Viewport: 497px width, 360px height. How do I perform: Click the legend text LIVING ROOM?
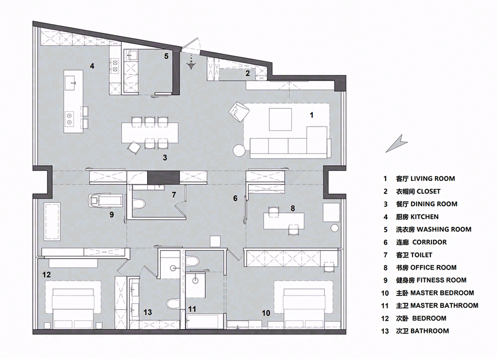click(433, 179)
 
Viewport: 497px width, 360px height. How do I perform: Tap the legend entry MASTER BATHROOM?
click(444, 305)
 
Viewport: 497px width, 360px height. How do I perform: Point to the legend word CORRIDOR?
click(429, 242)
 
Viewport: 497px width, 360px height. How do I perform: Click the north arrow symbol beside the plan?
click(396, 144)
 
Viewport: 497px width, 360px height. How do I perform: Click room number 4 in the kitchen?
click(92, 66)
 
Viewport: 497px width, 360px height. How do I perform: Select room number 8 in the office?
click(293, 208)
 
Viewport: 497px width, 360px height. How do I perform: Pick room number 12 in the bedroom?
click(46, 274)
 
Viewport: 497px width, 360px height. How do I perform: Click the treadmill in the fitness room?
click(105, 200)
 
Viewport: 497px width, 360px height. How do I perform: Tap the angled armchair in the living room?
click(239, 111)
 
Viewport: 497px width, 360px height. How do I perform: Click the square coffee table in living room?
click(280, 119)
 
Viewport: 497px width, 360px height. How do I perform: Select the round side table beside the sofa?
click(239, 150)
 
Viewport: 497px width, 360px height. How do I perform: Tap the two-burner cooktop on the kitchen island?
click(69, 118)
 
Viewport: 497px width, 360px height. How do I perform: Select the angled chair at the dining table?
click(134, 148)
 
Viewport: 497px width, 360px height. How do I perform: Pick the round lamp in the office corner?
click(334, 228)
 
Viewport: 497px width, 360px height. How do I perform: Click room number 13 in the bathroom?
click(148, 312)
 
